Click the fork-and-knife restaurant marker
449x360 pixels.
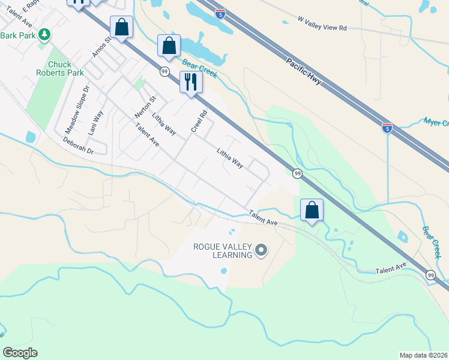(x=191, y=82)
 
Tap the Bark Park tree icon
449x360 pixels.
(x=44, y=35)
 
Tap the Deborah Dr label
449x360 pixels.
(x=78, y=145)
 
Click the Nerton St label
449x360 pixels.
(x=145, y=107)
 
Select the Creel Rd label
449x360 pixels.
(x=199, y=121)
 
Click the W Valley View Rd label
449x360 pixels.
(x=322, y=28)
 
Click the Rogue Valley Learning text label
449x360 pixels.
(x=222, y=251)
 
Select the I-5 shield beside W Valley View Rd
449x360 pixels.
(x=221, y=13)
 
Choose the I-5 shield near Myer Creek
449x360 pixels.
(x=387, y=127)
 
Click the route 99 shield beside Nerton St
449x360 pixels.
(x=164, y=71)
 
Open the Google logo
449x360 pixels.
(x=20, y=353)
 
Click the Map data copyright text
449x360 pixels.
(x=423, y=355)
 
